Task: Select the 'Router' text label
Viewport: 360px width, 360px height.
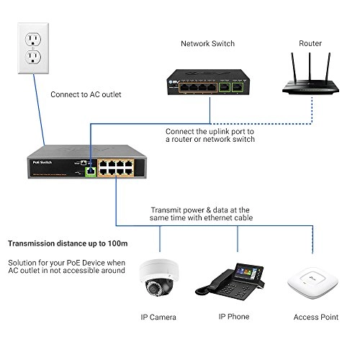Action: coord(310,43)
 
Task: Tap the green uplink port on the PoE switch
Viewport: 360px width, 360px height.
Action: coord(90,171)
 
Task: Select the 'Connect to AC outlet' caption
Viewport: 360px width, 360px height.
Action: coord(86,94)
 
